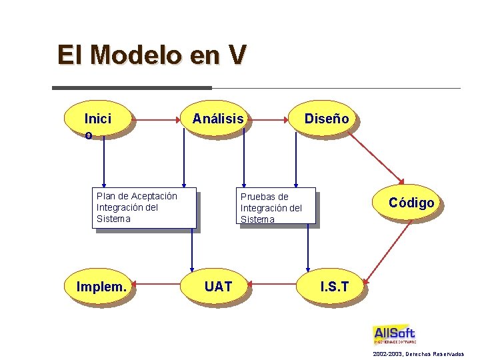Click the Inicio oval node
click(98, 120)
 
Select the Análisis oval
click(218, 119)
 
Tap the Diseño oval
click(327, 119)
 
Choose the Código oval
click(411, 203)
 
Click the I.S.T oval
click(334, 287)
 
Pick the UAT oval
click(218, 287)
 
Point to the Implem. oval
click(101, 287)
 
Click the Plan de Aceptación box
click(144, 207)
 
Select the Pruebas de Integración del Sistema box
click(277, 208)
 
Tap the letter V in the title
click(237, 55)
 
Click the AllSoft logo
click(394, 334)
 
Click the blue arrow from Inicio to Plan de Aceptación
click(103, 160)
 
